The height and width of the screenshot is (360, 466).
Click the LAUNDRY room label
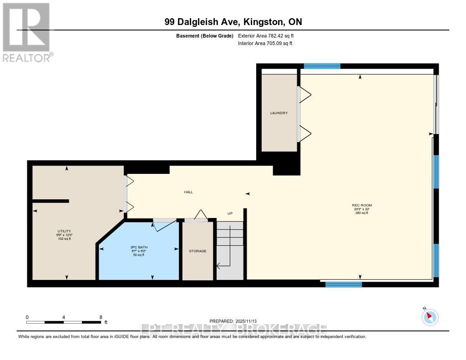[x=279, y=113]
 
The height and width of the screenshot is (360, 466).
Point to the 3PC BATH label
[x=139, y=247]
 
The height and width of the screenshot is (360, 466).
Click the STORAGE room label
[x=198, y=251]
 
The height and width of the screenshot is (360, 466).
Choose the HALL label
[x=188, y=192]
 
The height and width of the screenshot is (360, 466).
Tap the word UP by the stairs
[x=230, y=213]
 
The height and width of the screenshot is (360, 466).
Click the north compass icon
[x=430, y=317]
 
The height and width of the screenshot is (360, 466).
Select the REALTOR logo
[x=26, y=32]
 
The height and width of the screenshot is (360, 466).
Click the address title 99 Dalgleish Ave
[x=233, y=22]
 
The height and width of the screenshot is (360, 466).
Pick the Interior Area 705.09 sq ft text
[x=265, y=43]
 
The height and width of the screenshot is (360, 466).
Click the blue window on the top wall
[x=322, y=66]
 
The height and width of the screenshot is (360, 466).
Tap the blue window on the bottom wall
[x=344, y=285]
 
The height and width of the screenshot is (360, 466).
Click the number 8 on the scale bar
[x=101, y=317]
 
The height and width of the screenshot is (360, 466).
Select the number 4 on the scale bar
[x=64, y=317]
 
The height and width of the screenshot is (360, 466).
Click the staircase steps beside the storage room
[x=229, y=250]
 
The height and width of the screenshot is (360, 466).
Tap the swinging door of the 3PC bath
[x=162, y=224]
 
